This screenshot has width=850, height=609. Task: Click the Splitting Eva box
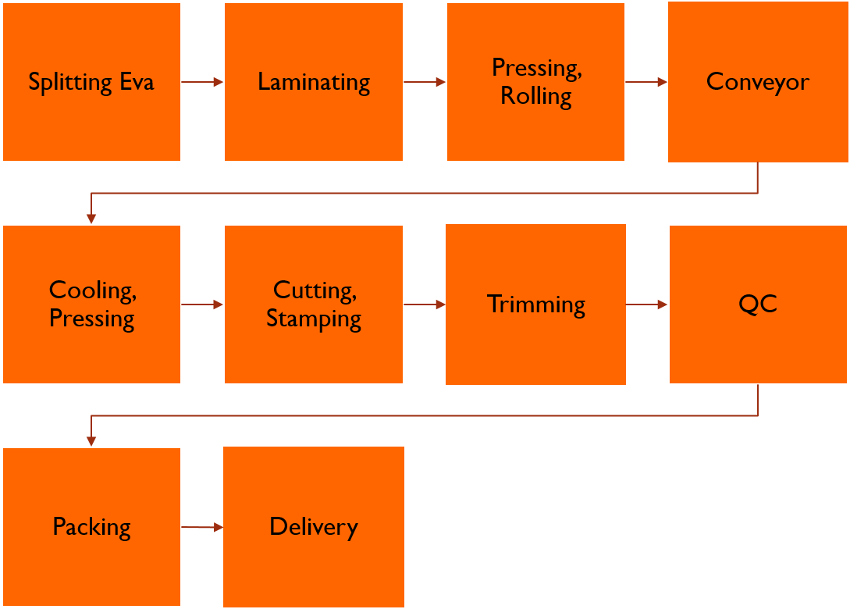click(91, 82)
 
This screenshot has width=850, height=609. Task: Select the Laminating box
click(314, 82)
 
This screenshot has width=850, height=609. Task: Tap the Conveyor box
click(758, 82)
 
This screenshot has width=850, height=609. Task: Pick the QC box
click(758, 304)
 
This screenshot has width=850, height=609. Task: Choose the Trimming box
click(535, 304)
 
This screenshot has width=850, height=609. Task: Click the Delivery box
click(314, 526)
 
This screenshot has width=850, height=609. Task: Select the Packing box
click(91, 526)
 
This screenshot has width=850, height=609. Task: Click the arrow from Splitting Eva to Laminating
click(202, 82)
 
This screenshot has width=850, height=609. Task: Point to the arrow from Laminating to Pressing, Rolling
click(425, 82)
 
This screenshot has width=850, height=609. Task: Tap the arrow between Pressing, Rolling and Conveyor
click(646, 82)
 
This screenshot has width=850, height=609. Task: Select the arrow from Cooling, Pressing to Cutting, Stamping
click(202, 304)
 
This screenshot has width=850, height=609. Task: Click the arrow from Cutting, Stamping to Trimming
click(425, 304)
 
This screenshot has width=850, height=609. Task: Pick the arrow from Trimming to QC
click(647, 304)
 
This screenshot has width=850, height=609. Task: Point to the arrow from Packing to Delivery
click(202, 526)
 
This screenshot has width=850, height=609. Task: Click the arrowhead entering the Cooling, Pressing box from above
click(91, 219)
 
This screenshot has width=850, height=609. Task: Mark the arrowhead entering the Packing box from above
click(91, 441)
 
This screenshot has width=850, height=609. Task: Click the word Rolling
click(535, 97)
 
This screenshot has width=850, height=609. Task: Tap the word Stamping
click(314, 319)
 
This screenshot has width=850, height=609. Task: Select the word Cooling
click(93, 290)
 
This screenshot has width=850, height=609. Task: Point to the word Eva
click(137, 82)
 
